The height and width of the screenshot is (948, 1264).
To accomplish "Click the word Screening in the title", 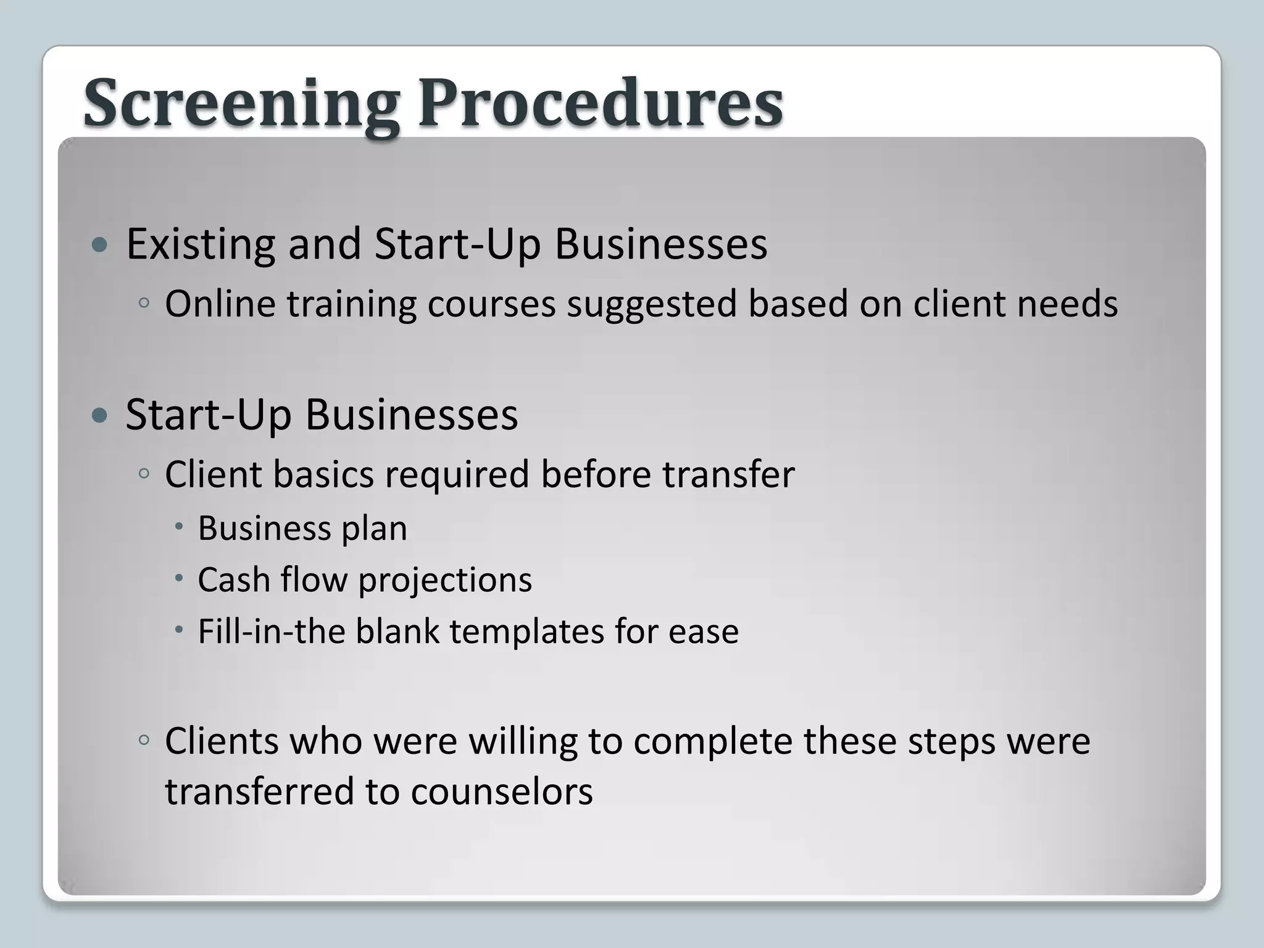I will click(x=241, y=104).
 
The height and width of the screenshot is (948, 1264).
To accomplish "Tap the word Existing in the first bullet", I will click(x=201, y=244).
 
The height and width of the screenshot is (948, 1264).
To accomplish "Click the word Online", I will click(x=220, y=304).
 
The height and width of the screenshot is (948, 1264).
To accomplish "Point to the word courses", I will click(x=491, y=304).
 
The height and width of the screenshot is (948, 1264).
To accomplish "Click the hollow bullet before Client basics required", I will click(x=144, y=473).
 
